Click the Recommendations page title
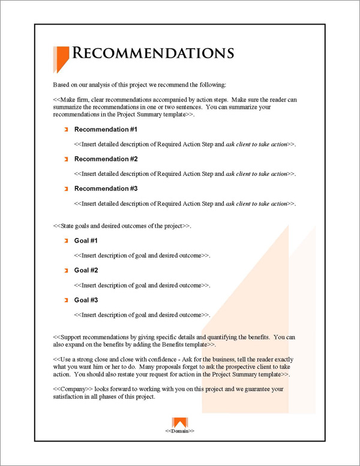(152, 53)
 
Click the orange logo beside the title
(60, 58)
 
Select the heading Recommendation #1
(106, 130)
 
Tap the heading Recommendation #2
(106, 159)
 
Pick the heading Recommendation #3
(106, 189)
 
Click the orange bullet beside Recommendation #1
(66, 130)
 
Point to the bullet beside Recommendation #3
(66, 189)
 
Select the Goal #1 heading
(86, 241)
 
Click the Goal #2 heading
(86, 270)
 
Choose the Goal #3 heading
(86, 300)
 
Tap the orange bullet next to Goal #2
(66, 270)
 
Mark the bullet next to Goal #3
(66, 300)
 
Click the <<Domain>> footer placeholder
(180, 431)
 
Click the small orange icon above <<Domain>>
(180, 422)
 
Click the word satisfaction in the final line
(70, 397)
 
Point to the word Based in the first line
(62, 85)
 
